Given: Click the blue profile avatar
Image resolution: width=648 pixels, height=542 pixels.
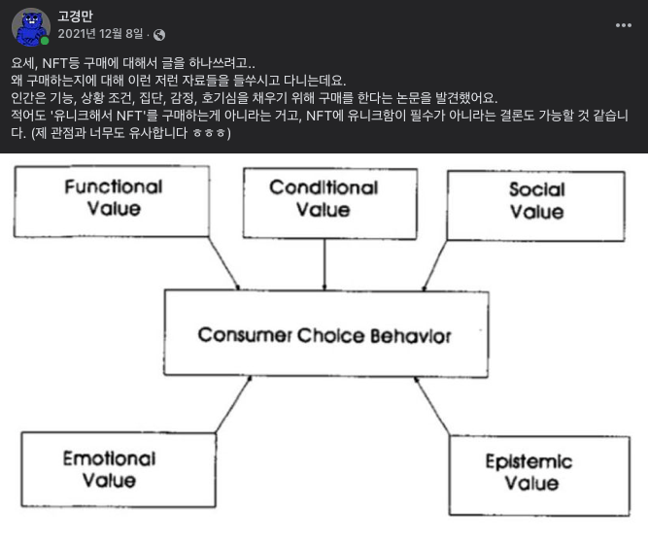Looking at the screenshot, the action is coord(31,26).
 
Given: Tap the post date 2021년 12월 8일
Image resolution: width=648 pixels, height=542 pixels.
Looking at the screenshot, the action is coord(101,34).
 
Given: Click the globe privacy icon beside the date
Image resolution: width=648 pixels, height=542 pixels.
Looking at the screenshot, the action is coord(159,35).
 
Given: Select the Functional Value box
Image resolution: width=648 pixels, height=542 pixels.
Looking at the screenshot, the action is coord(114,198).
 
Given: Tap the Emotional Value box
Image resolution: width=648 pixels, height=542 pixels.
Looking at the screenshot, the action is coord(109,469).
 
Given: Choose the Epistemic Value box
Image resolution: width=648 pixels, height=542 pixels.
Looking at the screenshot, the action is coord(529,472).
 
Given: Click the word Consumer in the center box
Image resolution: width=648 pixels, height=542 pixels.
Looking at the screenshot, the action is coord(237,336).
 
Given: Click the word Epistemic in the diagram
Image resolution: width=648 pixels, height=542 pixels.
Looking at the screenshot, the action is coord(529,461).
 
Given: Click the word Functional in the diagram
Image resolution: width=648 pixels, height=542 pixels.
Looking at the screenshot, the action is coord(114,186).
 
